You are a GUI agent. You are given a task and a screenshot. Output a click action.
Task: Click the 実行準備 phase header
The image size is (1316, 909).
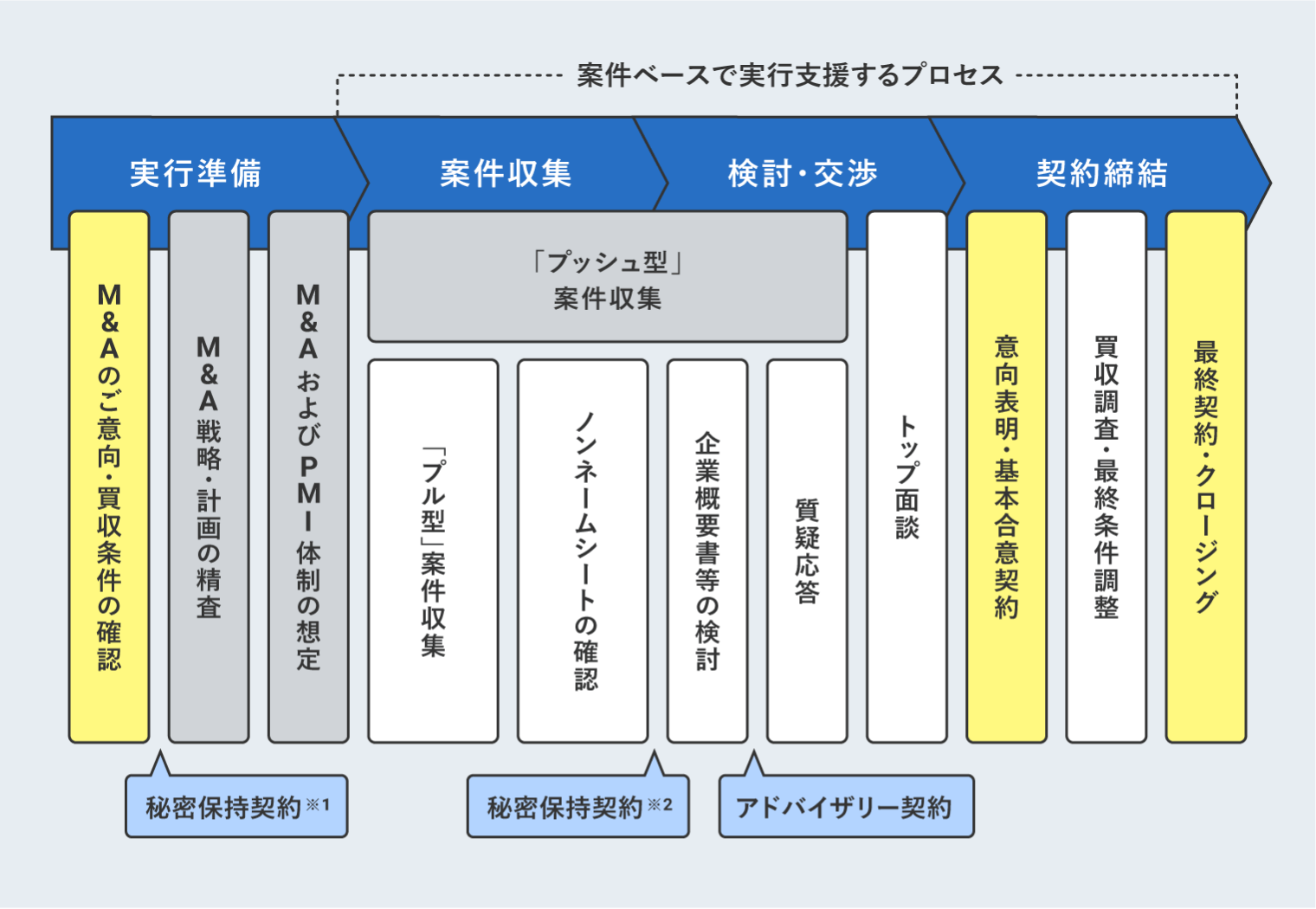pos(195,173)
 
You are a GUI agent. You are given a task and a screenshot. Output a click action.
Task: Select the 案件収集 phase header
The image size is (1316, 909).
pos(506,173)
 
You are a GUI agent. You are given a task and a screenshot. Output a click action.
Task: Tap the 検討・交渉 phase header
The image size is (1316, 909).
pos(803,173)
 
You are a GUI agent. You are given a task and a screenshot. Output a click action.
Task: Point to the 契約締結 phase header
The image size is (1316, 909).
pos(1101,173)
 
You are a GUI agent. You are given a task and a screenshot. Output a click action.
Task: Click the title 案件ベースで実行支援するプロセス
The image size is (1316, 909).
pos(790,75)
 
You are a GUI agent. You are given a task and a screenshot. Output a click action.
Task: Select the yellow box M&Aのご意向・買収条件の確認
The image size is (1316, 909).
pos(109,477)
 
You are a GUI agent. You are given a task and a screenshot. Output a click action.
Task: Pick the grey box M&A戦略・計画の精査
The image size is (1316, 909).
pos(209,477)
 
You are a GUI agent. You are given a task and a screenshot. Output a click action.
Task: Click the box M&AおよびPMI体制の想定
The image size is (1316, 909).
pos(308,477)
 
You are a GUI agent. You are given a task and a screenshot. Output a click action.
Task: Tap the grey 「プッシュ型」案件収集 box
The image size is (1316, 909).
pos(607,278)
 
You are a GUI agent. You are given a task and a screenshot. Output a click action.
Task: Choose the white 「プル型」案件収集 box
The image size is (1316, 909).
pos(433,551)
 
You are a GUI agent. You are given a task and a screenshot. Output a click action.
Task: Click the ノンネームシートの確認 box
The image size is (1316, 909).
pos(583,551)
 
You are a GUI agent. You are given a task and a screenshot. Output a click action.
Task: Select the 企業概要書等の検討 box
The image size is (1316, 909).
pos(707,551)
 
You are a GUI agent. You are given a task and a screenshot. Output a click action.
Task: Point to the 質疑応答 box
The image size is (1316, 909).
pos(807,551)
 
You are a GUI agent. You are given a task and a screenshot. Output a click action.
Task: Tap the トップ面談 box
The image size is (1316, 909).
pos(906,477)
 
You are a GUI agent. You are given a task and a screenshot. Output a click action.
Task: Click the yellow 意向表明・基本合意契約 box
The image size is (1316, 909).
pos(1006,477)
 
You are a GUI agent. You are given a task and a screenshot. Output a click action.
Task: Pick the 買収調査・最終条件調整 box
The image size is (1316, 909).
pos(1106,477)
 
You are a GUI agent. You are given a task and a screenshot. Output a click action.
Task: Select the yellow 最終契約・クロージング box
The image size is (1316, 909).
pos(1205,477)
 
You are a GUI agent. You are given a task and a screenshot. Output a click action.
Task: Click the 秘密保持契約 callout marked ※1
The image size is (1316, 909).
pos(236,807)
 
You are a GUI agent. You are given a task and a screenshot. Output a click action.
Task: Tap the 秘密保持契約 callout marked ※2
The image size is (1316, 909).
pos(577,807)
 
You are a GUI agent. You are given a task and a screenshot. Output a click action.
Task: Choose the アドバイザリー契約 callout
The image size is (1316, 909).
pos(846,807)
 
